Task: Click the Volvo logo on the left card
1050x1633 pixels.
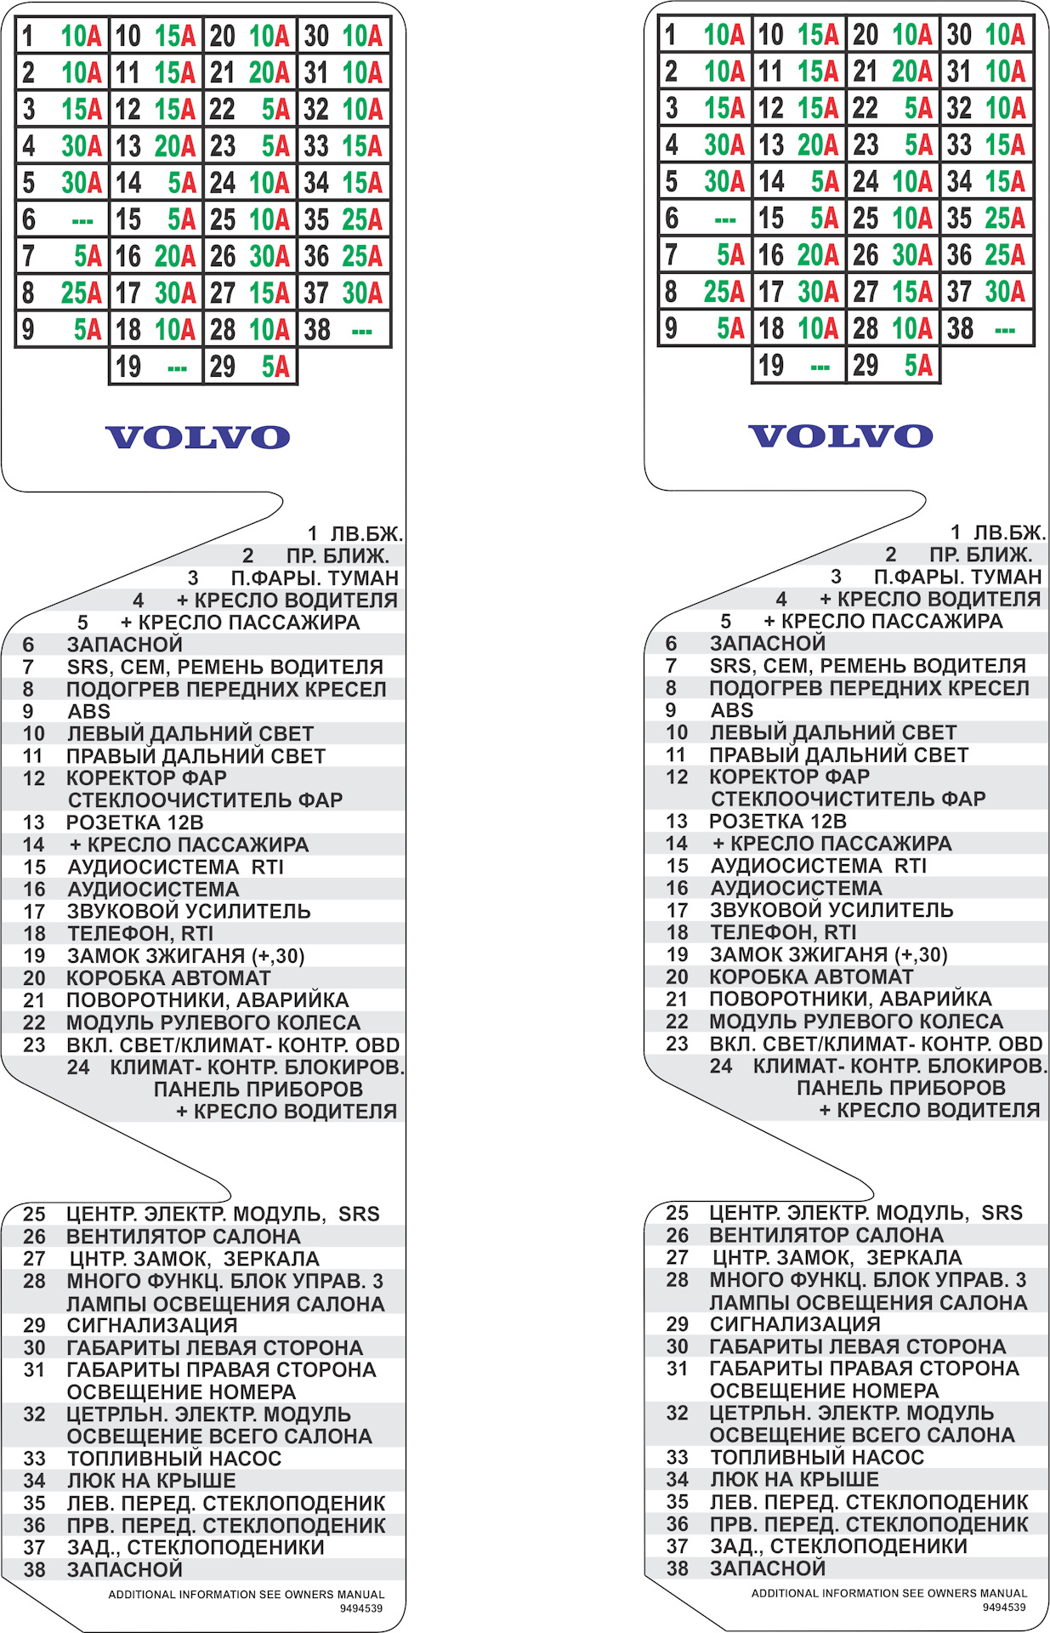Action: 197,437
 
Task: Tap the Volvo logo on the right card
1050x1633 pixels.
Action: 840,435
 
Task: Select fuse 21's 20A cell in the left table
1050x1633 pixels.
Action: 250,73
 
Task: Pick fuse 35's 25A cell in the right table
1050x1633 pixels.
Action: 986,218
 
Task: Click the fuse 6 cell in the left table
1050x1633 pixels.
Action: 61,219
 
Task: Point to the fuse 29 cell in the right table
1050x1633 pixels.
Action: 893,365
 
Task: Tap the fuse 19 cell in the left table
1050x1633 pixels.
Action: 156,367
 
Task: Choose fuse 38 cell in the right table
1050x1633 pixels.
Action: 986,328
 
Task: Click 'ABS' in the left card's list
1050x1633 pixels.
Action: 88,711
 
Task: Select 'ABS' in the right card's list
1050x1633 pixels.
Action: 731,709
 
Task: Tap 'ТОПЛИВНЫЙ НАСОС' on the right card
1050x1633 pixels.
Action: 816,1457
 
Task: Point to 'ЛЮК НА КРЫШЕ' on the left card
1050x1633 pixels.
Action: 151,1481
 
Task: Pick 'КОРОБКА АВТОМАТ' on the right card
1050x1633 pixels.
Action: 811,976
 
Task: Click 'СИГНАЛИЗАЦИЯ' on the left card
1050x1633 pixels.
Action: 151,1325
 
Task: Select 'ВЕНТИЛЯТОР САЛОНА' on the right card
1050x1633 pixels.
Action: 826,1235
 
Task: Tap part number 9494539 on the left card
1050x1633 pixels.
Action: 361,1608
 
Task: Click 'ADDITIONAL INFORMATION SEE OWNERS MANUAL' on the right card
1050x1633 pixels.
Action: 888,1593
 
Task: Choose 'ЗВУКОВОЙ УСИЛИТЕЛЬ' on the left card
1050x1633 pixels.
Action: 189,911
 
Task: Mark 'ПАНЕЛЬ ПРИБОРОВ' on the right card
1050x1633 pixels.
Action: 900,1088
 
